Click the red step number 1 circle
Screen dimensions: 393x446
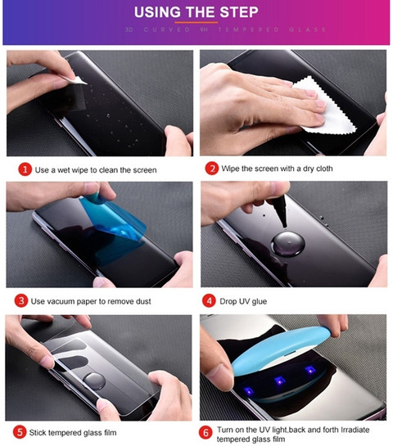tap(25, 169)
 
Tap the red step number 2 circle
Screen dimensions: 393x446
tap(212, 169)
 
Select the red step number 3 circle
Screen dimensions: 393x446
tap(21, 301)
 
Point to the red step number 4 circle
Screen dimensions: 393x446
tap(209, 301)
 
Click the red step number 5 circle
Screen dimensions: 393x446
tap(20, 432)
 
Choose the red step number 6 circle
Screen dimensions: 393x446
tap(206, 433)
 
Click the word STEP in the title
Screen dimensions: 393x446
tap(239, 12)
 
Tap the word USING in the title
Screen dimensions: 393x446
tap(157, 12)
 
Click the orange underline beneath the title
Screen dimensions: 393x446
tap(196, 22)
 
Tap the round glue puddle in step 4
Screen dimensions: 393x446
tap(287, 244)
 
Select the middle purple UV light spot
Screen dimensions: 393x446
tap(279, 381)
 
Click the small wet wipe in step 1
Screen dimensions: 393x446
tap(76, 80)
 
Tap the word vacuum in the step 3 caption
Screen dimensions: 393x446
tap(63, 301)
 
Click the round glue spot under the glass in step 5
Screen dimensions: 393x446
tap(94, 381)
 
